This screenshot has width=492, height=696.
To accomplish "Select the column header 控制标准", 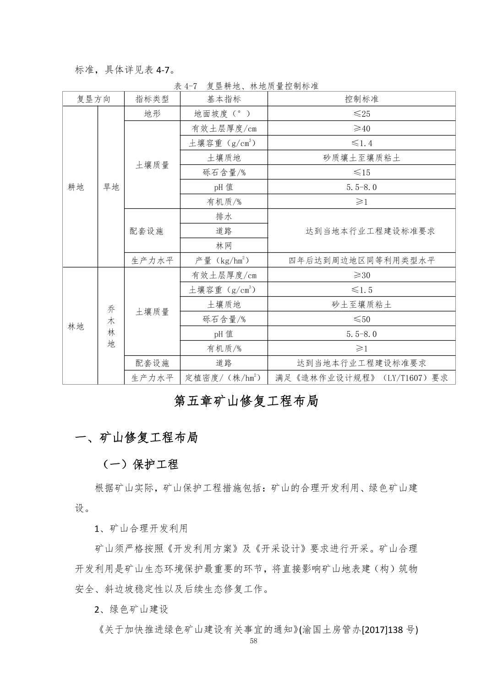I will [x=361, y=99].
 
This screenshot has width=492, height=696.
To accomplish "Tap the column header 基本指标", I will [x=224, y=99].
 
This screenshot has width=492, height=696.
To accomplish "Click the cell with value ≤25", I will [x=361, y=114].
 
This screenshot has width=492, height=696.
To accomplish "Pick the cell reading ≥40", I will [x=361, y=128].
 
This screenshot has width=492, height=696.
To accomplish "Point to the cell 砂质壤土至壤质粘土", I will [x=361, y=158].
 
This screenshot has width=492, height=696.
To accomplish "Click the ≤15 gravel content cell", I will [x=361, y=172].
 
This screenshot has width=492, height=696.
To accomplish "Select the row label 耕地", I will [x=76, y=187].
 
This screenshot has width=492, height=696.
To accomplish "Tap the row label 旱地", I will [x=111, y=187].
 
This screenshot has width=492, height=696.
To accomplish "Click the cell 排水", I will [x=224, y=216].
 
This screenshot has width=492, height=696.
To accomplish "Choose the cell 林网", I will [x=224, y=245].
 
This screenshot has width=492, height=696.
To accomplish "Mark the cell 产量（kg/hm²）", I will [x=224, y=260].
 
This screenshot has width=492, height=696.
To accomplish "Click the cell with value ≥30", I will [x=361, y=275].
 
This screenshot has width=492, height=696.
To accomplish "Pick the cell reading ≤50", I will [x=361, y=319].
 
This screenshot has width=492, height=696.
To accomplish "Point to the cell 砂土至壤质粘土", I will [x=361, y=304].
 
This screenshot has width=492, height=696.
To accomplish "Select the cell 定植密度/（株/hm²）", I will [x=224, y=377].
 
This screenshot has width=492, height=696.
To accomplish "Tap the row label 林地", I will [x=76, y=326].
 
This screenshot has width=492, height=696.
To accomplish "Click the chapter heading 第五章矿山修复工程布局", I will [x=246, y=401].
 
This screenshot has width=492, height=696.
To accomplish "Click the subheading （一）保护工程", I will [x=140, y=464].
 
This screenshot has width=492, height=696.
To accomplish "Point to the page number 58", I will [x=254, y=641].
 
